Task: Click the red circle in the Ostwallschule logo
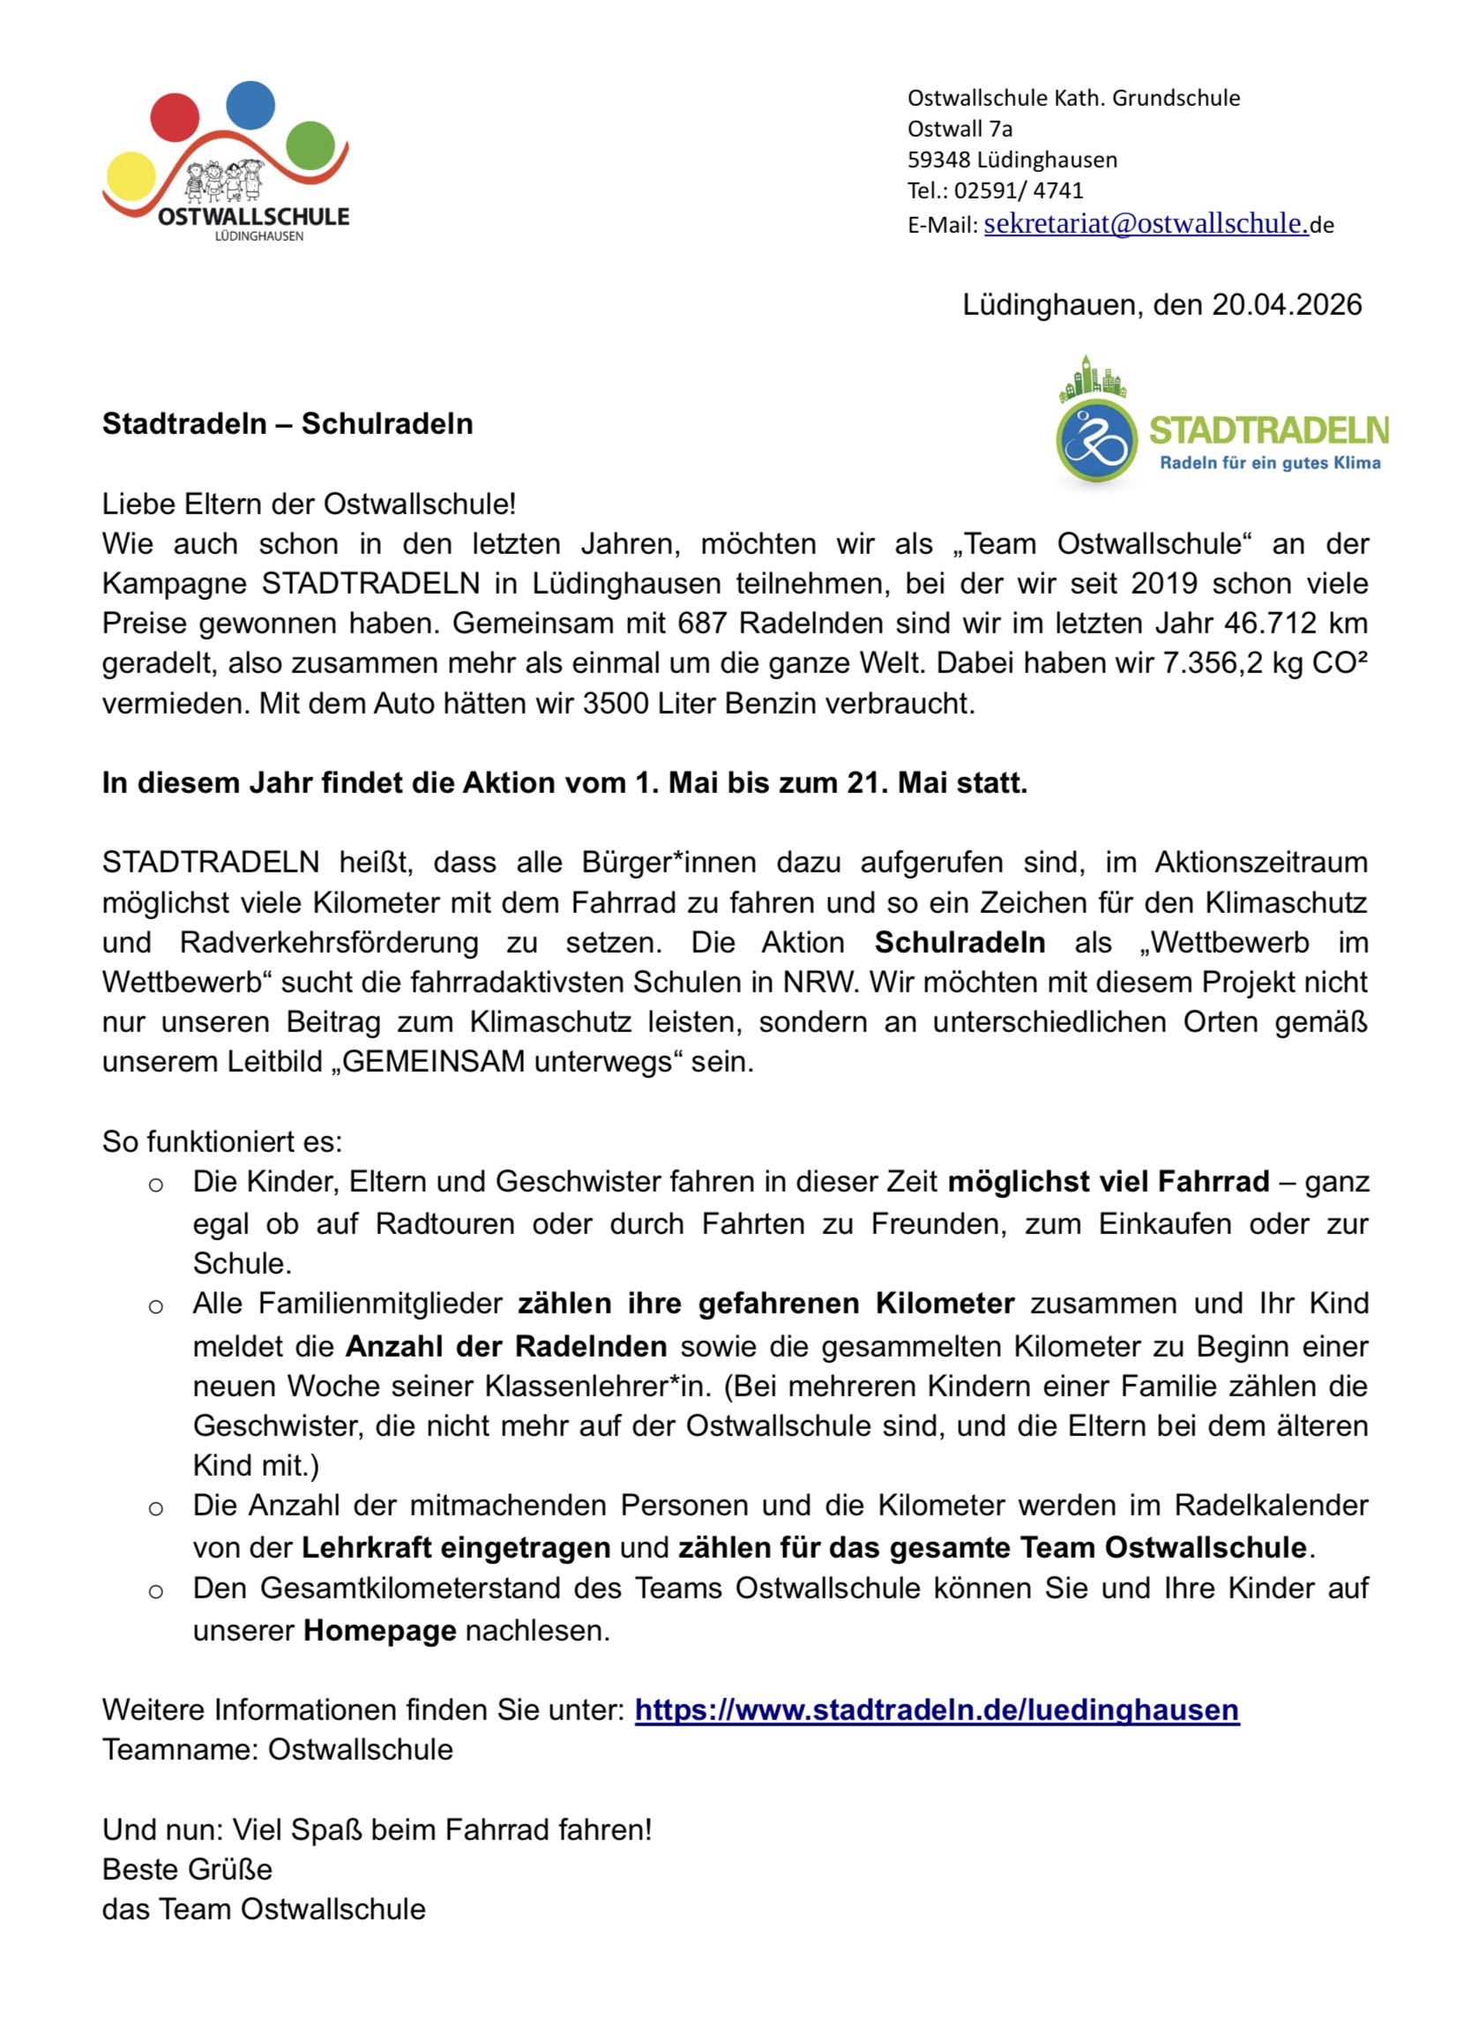click(175, 116)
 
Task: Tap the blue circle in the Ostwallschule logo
click(250, 105)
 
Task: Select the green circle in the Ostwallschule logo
click(310, 146)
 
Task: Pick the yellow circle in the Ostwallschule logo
click(130, 176)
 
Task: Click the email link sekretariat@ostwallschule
click(1146, 223)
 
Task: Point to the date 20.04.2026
click(1287, 304)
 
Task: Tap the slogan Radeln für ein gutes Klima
click(1269, 463)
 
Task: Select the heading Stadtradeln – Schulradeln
click(288, 424)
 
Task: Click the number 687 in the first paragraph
click(704, 624)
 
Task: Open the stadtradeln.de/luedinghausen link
click(936, 1710)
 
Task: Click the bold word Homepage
click(379, 1631)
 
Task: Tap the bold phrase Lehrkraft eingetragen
click(456, 1548)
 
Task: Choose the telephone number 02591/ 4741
click(1019, 191)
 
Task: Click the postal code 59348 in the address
click(937, 161)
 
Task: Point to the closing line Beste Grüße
click(187, 1869)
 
